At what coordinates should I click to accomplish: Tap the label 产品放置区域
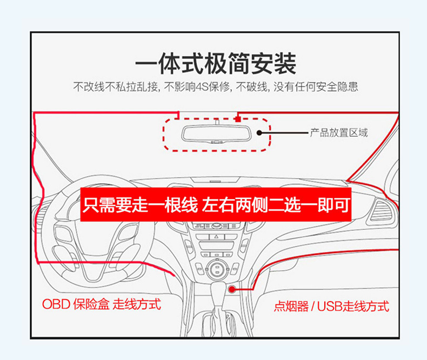tap(339, 132)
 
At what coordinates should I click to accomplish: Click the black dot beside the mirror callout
tap(259, 132)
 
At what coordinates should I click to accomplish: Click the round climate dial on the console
tap(217, 268)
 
